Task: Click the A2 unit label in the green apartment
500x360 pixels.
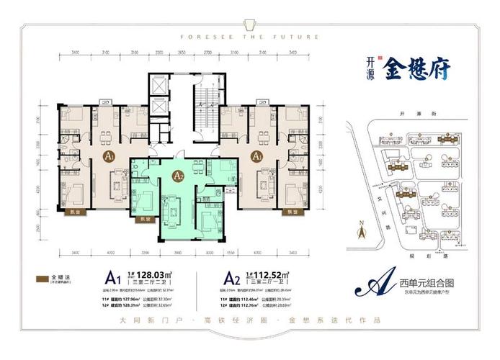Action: point(179,174)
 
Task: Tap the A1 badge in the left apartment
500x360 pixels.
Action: point(109,156)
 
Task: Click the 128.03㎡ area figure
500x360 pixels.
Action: point(150,274)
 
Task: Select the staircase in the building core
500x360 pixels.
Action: point(202,104)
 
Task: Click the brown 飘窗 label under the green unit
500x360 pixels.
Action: point(146,218)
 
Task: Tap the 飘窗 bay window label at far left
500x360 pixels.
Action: point(74,213)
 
